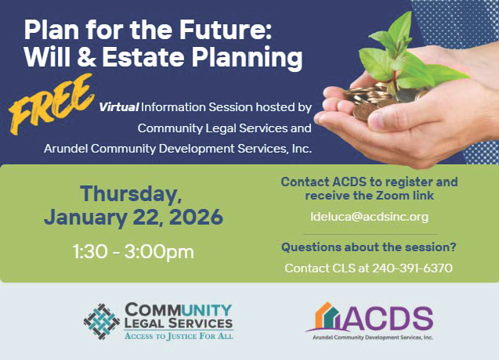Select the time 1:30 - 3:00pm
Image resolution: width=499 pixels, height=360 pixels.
(133, 252)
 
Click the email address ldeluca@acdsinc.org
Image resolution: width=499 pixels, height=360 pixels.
(369, 216)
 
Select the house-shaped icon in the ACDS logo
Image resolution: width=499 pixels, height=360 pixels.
(325, 318)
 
